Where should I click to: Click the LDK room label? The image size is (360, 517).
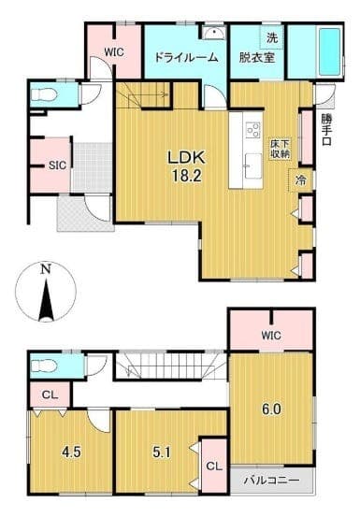pyautogui.click(x=187, y=158)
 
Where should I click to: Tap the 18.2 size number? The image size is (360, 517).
pyautogui.click(x=187, y=177)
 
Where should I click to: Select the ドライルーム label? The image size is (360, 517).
pyautogui.click(x=186, y=58)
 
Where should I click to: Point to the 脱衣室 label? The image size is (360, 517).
pyautogui.click(x=257, y=58)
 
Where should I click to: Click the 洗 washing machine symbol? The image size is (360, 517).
pyautogui.click(x=272, y=38)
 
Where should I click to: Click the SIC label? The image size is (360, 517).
pyautogui.click(x=57, y=165)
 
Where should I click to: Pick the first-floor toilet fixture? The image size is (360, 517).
pyautogui.click(x=43, y=95)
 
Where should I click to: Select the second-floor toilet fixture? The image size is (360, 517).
pyautogui.click(x=43, y=366)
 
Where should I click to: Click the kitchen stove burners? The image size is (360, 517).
pyautogui.click(x=253, y=130)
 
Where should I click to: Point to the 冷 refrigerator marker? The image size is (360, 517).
pyautogui.click(x=300, y=180)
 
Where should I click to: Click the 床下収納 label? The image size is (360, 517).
pyautogui.click(x=281, y=149)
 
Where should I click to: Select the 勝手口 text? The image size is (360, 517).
pyautogui.click(x=327, y=130)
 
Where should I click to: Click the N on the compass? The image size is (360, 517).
pyautogui.click(x=46, y=269)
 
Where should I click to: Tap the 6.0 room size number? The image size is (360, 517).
pyautogui.click(x=271, y=409)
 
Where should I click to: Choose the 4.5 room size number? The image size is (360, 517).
pyautogui.click(x=72, y=452)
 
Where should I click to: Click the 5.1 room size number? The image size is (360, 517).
pyautogui.click(x=162, y=452)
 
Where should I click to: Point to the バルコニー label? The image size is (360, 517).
pyautogui.click(x=272, y=481)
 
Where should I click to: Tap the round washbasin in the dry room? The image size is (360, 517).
pyautogui.click(x=214, y=33)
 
